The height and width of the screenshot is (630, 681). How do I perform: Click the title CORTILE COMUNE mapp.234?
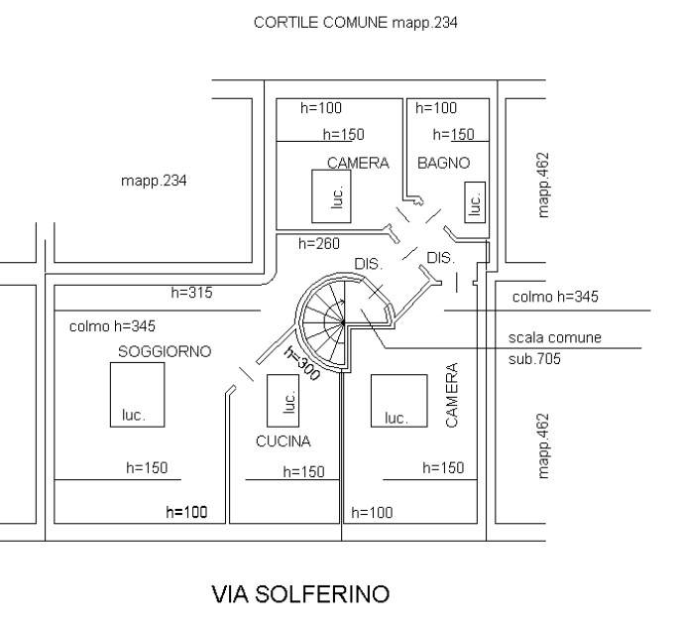[355, 22]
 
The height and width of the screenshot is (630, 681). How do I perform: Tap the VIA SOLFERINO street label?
[299, 595]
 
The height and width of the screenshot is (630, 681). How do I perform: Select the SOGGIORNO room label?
[165, 351]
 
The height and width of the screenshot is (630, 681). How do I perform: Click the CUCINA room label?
[283, 441]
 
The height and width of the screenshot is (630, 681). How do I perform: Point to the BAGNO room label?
[443, 163]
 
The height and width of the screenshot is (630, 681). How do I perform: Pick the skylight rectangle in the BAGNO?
[475, 201]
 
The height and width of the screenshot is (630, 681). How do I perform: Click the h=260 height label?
[319, 243]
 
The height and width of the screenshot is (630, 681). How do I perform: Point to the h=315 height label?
[191, 293]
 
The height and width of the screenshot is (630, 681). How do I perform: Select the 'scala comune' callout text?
[554, 338]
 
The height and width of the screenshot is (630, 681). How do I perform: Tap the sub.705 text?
[534, 359]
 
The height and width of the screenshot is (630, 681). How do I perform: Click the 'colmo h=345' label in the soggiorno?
[112, 325]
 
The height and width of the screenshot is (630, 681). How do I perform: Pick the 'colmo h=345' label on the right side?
[555, 297]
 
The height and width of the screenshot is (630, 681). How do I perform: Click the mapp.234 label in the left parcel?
[154, 181]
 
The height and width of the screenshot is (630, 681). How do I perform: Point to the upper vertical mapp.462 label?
[543, 185]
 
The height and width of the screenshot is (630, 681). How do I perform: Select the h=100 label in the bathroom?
[436, 108]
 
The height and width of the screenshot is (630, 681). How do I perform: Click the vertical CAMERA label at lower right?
[452, 395]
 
